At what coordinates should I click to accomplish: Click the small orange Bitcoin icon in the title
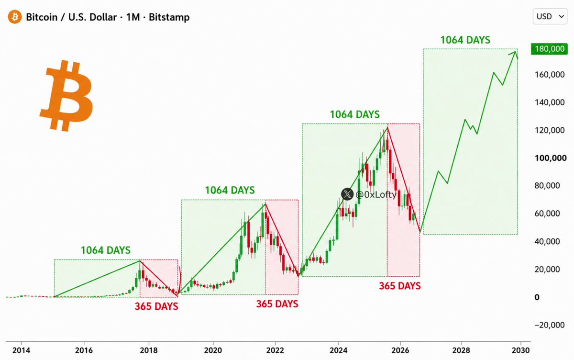point(15,17)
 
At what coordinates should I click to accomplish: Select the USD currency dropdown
point(550,16)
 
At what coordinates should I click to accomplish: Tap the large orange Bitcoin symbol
point(66,95)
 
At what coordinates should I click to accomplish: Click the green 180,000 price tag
point(550,49)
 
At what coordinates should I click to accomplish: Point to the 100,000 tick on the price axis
point(551,158)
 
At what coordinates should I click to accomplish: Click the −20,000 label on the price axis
point(550,325)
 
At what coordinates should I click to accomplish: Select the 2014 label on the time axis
point(21,350)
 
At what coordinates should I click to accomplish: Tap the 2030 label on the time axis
point(520,350)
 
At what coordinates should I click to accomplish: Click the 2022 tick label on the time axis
point(275,350)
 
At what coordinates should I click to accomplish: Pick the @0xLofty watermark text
point(376,195)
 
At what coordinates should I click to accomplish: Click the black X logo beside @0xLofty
point(347,194)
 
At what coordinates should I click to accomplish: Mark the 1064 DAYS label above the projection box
point(465,40)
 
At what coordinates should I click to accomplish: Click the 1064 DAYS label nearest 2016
point(106,250)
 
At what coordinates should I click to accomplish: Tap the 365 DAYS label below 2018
point(156,306)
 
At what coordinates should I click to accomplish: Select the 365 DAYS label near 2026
point(400,286)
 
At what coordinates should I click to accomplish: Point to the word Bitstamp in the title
point(169,17)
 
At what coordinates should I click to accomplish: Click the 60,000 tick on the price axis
point(547,214)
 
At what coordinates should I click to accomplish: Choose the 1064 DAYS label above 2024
point(354,114)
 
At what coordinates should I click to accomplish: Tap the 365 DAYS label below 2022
point(277,304)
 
